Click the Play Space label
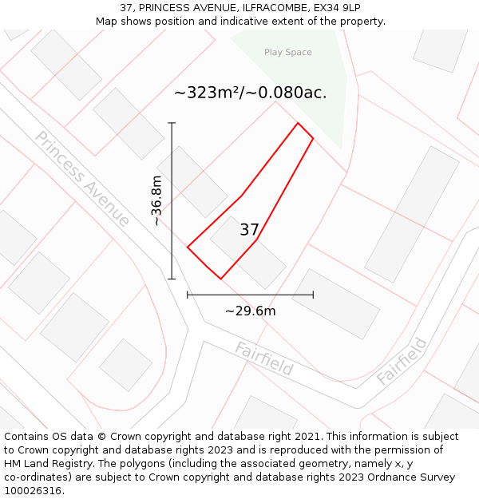(288, 53)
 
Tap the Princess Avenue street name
(82, 179)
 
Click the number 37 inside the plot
(249, 230)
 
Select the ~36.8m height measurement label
(156, 200)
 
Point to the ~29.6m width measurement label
(250, 311)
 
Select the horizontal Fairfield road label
(264, 359)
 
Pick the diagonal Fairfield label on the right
(402, 361)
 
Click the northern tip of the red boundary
(298, 123)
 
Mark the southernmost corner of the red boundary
(220, 279)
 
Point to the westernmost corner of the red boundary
(188, 248)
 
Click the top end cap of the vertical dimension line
(172, 123)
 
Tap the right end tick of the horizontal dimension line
(313, 295)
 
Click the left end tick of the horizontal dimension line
(188, 295)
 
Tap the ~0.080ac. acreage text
(292, 93)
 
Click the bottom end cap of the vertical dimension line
(172, 279)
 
